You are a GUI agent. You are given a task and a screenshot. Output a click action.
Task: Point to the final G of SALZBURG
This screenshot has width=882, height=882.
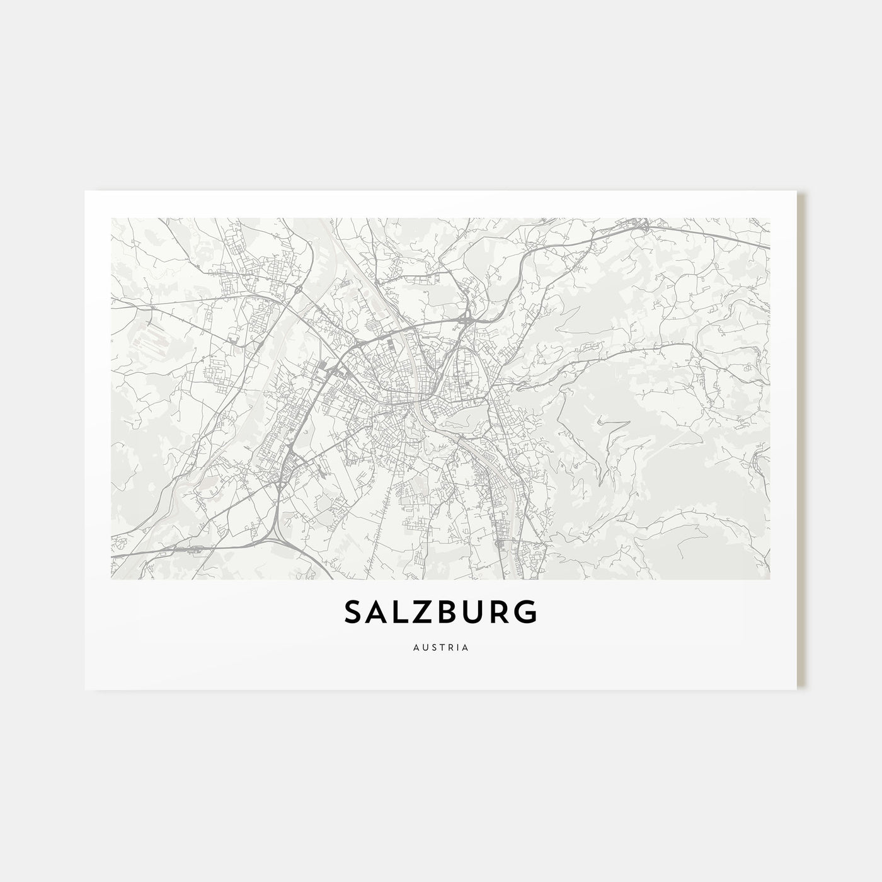[527, 612]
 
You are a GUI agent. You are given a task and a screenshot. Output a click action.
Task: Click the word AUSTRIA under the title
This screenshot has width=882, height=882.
[441, 647]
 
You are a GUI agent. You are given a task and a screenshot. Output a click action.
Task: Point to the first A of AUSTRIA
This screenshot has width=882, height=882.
[416, 647]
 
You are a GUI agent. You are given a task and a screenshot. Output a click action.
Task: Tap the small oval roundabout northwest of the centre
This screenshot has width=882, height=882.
[295, 291]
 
